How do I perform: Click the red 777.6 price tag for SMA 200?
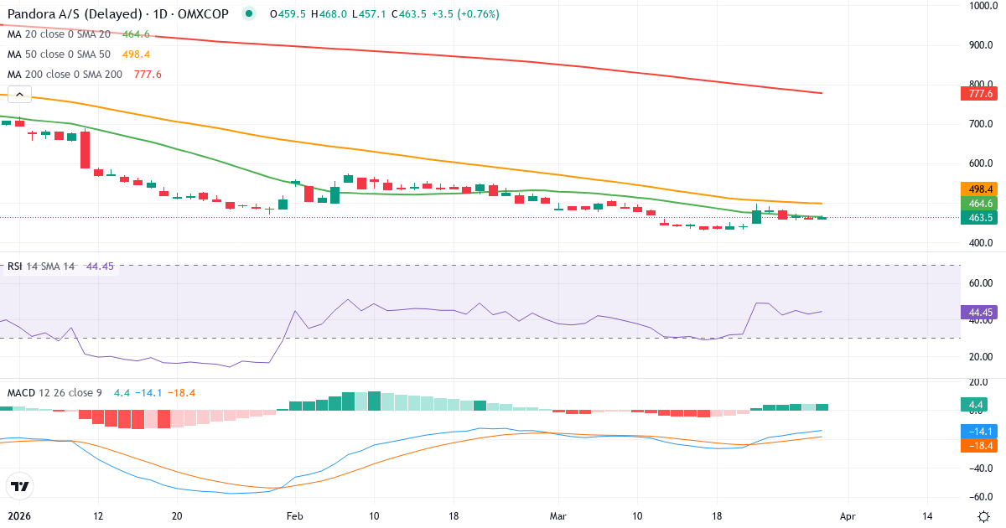pyautogui.click(x=980, y=94)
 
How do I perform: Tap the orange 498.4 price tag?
pyautogui.click(x=980, y=189)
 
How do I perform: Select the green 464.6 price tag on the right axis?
pyautogui.click(x=980, y=203)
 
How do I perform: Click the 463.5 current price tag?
pyautogui.click(x=980, y=218)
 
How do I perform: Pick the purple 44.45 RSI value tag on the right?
pyautogui.click(x=980, y=312)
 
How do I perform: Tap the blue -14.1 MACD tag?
pyautogui.click(x=980, y=431)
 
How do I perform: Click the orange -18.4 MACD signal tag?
pyautogui.click(x=980, y=446)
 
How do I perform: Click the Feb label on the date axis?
pyautogui.click(x=294, y=516)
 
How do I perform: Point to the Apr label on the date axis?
pyautogui.click(x=848, y=516)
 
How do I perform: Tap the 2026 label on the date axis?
pyautogui.click(x=18, y=516)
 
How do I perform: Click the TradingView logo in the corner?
pyautogui.click(x=20, y=486)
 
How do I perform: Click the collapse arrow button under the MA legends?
pyautogui.click(x=19, y=95)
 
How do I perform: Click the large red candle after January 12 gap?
pyautogui.click(x=85, y=149)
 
